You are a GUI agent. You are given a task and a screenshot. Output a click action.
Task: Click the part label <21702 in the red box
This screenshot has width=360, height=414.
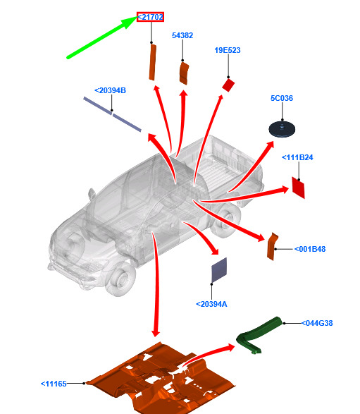pos(150,17)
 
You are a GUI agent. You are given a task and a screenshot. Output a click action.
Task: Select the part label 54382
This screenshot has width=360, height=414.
pos(182,35)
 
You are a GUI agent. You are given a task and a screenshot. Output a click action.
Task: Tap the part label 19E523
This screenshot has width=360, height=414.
pos(228,50)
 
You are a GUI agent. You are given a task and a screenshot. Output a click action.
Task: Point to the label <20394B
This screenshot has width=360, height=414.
pos(110,90)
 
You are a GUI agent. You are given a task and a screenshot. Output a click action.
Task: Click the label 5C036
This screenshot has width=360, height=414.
pos(282,98)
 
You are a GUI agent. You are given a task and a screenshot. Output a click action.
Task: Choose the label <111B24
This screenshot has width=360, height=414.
pos(297,157)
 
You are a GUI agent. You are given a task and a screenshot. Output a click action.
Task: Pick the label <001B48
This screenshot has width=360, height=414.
pos(310,249)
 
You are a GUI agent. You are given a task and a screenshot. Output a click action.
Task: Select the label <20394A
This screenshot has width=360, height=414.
pos(211,304)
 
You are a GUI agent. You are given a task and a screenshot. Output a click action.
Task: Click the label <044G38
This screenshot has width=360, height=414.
pos(317,323)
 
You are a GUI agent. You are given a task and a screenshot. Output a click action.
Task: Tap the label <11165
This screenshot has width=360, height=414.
pos(54,384)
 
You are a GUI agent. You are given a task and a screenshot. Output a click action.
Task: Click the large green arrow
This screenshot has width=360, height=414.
pos(102,37)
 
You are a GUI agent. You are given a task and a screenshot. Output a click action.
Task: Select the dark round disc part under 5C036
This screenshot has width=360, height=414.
pos(282,129)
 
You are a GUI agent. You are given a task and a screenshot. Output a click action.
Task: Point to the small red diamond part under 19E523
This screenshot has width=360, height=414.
pos(228,85)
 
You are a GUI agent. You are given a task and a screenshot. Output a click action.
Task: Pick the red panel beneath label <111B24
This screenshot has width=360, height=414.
pos(298,188)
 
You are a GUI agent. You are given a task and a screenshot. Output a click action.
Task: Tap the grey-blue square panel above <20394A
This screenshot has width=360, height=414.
pos(219,270)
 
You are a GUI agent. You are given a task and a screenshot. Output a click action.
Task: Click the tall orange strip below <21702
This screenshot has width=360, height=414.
pos(152,62)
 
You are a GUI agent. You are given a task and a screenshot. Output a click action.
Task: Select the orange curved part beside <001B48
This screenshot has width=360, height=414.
pos(272,247)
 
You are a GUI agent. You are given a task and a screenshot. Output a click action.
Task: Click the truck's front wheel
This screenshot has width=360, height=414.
pos(120,280)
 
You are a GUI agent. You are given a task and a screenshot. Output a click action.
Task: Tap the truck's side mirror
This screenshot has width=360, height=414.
pos(92,194)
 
